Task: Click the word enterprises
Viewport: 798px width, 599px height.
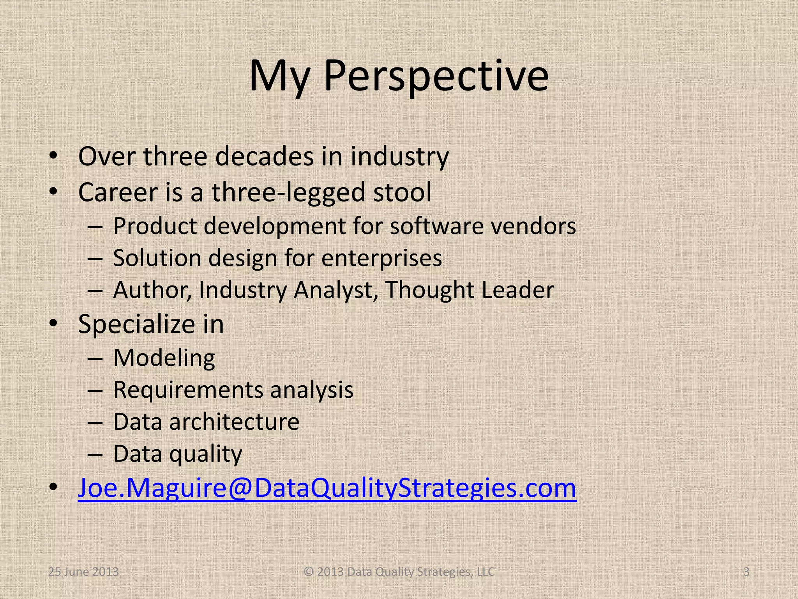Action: tap(381, 259)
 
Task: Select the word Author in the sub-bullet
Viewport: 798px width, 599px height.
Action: tap(152, 291)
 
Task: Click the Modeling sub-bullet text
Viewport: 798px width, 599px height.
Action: tap(164, 358)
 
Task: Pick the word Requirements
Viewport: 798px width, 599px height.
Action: tap(187, 390)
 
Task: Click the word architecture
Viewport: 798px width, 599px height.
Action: tap(234, 422)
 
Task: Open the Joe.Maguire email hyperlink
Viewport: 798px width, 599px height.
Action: tap(327, 488)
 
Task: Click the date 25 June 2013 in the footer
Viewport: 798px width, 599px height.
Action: tap(83, 572)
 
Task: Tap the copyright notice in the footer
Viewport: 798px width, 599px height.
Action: tap(399, 572)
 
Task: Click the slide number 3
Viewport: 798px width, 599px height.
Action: tap(746, 572)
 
